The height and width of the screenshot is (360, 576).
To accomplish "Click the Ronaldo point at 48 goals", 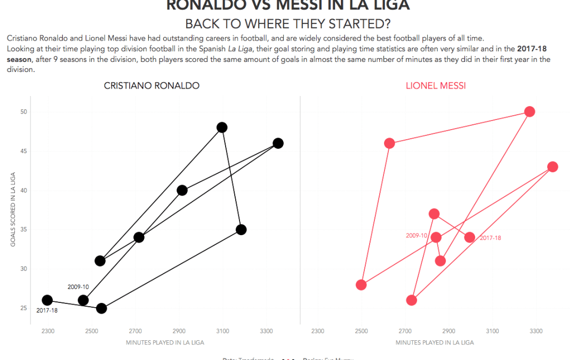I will coord(222,127).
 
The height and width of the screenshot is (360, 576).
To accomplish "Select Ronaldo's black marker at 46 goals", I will coord(278,143).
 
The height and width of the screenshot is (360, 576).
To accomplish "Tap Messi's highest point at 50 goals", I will coord(530,111).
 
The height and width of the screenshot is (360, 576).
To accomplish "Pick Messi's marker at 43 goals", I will coord(553,167).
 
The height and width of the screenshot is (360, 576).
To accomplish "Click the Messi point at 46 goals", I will coord(389,143).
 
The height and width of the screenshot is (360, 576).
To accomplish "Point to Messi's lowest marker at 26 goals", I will coord(411,300).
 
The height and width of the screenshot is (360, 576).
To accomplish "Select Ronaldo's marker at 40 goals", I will coord(182,190).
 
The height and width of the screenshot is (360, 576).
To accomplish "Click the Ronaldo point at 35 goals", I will coord(241,230).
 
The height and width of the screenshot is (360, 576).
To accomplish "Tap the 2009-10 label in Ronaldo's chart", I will coord(78,287).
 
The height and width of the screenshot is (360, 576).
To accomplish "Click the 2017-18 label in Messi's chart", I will coord(490,238).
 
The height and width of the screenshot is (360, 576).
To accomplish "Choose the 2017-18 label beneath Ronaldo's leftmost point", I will coord(47,310).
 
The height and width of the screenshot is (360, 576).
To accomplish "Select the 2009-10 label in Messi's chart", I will coord(417,235).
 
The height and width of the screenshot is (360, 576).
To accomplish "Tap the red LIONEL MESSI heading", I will coord(436,86).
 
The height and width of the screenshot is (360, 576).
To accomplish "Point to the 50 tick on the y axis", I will coord(24,112).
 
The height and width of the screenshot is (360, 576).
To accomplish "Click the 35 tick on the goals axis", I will coord(24,230).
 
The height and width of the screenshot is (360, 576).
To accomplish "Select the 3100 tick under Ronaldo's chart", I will coord(222,331).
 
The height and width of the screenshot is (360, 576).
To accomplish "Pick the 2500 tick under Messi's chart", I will coord(362,331).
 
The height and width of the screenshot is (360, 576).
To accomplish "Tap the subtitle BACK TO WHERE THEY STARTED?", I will coord(287,25).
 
